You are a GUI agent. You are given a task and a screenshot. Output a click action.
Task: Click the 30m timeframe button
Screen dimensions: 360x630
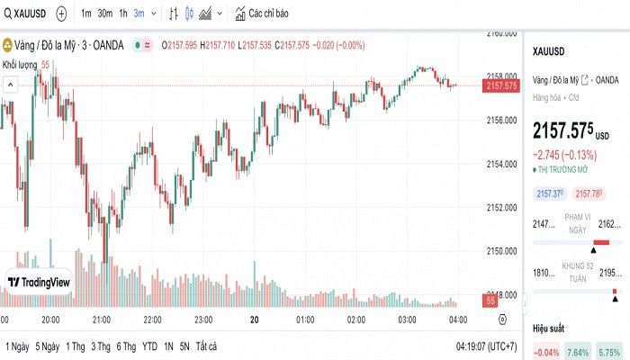pos(105,14)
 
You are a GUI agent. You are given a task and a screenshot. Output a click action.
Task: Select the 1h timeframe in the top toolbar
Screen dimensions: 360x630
pos(123,14)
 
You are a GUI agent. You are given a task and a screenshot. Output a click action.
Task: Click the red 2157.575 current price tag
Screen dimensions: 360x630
pos(501,85)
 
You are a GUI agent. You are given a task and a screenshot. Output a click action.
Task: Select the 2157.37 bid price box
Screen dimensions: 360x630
pos(549,193)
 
